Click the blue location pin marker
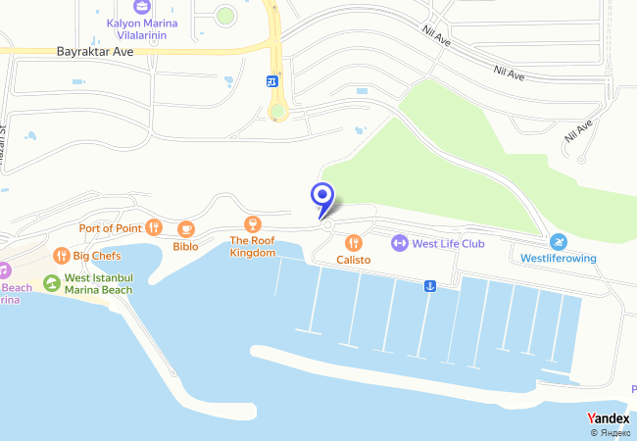321,197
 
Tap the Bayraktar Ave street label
95,51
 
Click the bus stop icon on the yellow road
271,82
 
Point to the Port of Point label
111,228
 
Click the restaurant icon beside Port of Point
153,227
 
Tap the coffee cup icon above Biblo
185,229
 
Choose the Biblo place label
185,246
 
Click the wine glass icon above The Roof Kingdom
253,223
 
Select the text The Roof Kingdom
253,246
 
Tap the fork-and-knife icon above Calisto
354,242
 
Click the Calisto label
354,260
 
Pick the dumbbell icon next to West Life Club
400,243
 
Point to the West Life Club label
449,243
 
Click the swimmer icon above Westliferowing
558,242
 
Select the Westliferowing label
558,259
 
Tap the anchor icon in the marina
428,285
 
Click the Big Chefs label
96,256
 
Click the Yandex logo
608,418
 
